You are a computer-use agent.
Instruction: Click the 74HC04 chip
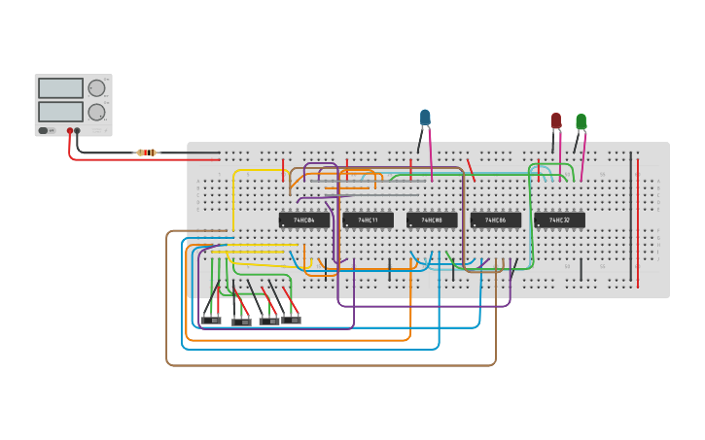click(303, 220)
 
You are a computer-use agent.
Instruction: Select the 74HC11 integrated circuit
click(368, 220)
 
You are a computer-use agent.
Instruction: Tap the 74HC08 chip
click(432, 220)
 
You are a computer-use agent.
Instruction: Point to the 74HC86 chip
click(495, 220)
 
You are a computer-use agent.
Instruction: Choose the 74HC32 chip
click(559, 220)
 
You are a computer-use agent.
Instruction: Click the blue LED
click(425, 118)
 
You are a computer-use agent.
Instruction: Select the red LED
click(556, 120)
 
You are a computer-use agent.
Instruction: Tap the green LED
click(581, 121)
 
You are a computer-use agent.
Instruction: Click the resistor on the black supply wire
click(147, 152)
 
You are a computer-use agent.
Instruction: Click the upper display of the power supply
click(60, 88)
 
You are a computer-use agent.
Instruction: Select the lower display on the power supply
click(60, 112)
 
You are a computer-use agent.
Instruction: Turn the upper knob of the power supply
click(96, 88)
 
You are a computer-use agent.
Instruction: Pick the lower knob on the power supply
click(96, 112)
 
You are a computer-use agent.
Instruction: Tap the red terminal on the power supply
click(70, 130)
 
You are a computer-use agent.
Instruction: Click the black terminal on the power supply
click(78, 130)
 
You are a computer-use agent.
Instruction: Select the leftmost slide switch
click(210, 320)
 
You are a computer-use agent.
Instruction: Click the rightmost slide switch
click(291, 320)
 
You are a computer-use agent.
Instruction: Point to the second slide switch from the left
click(241, 322)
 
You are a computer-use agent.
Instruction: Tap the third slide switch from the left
click(268, 322)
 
